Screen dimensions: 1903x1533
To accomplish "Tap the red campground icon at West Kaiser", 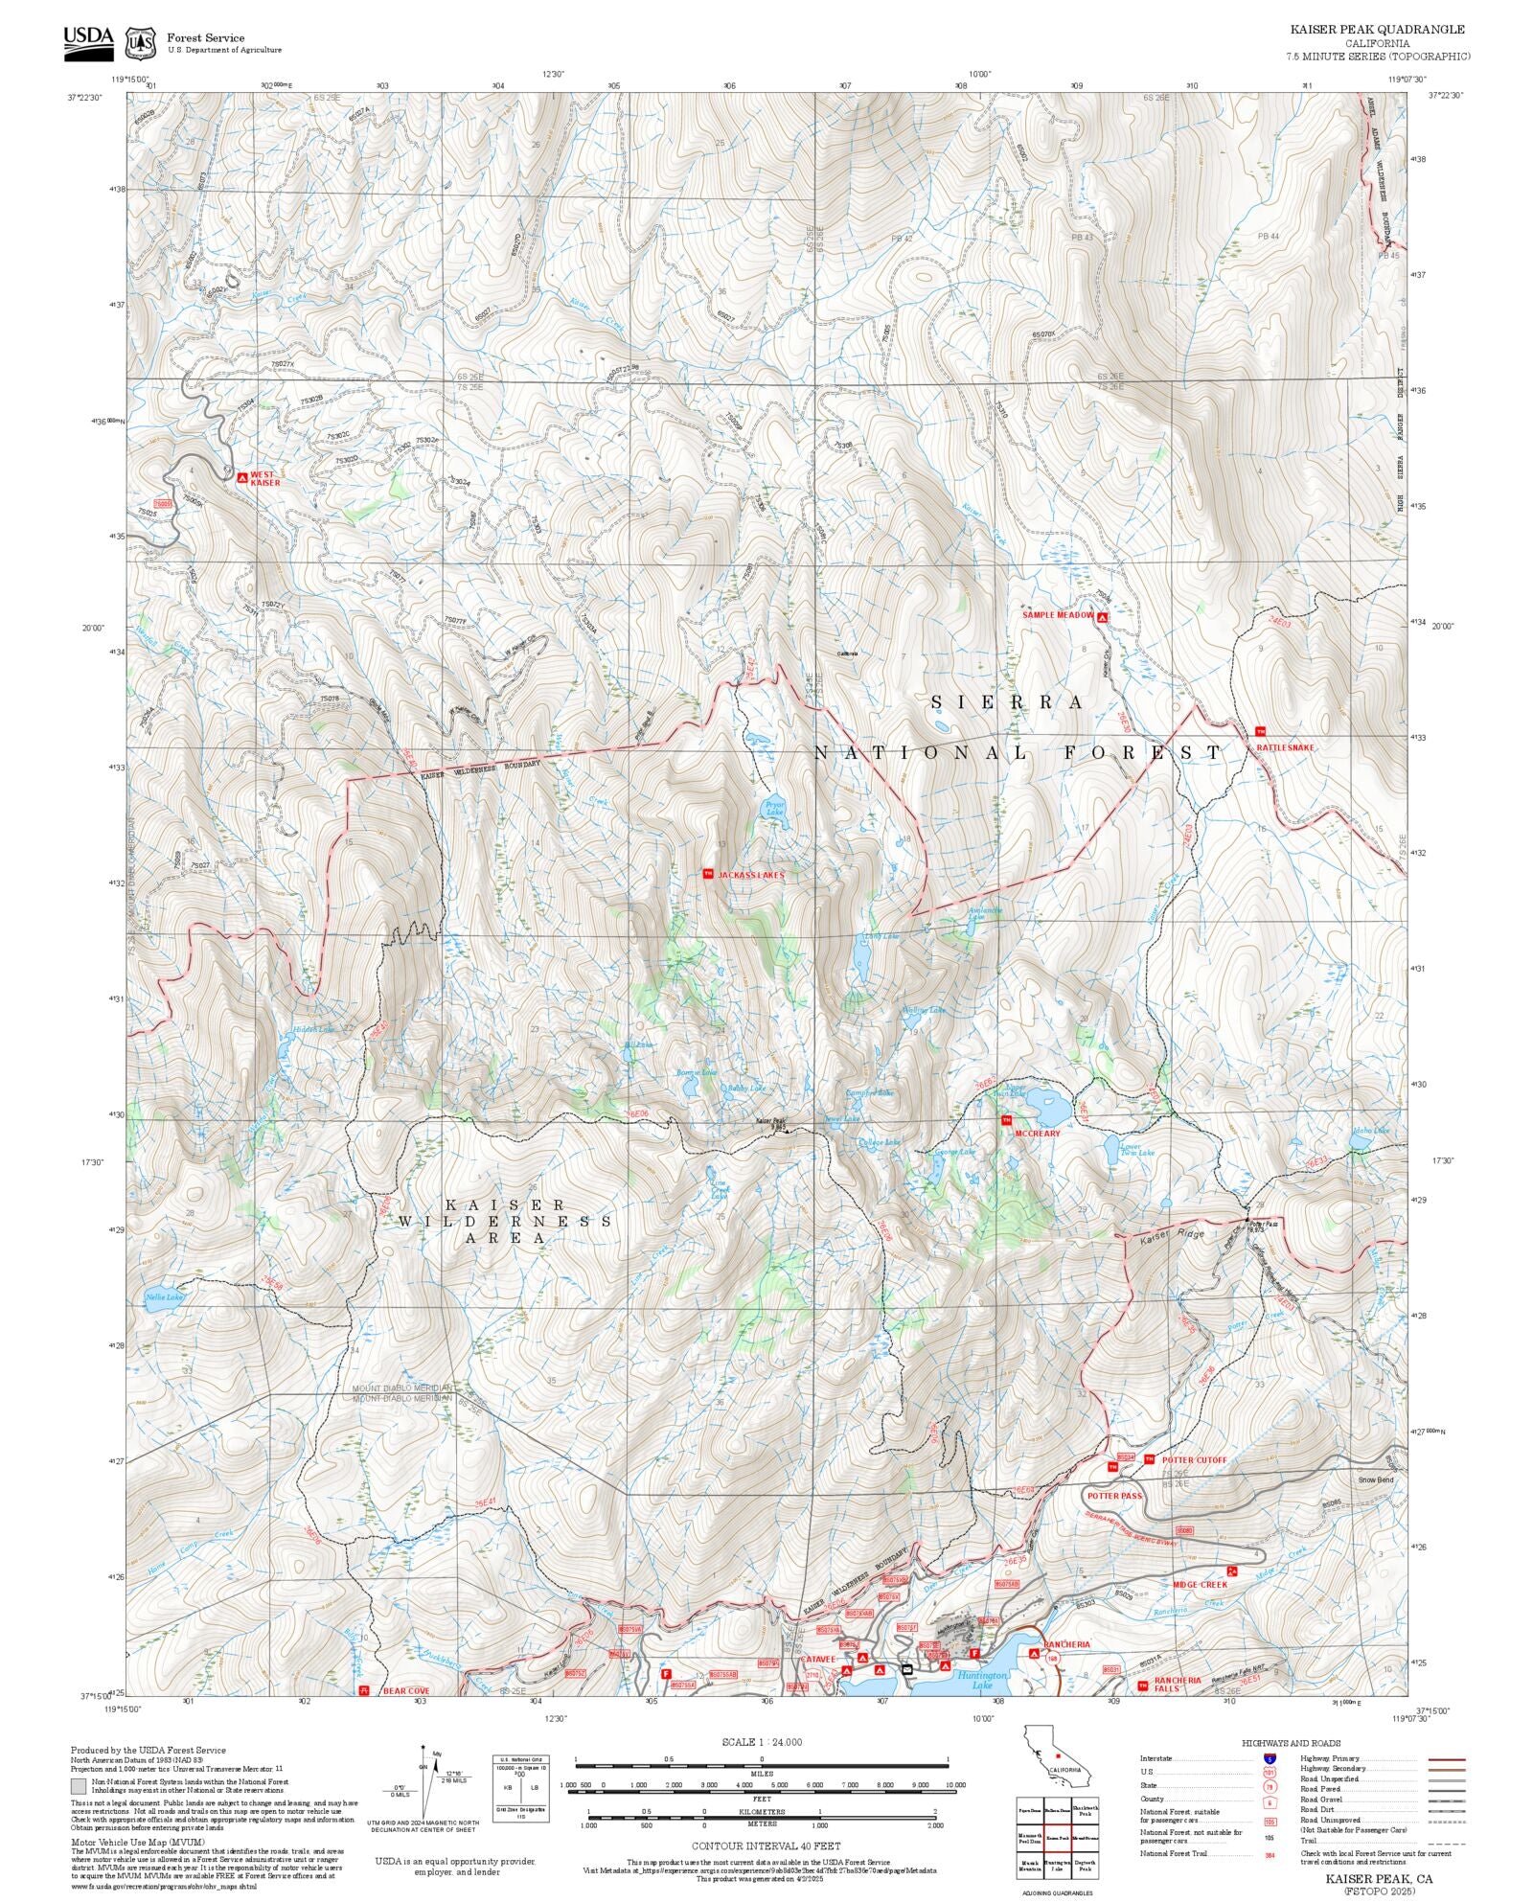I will [241, 477].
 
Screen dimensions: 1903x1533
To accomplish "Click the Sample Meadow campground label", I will [1057, 615].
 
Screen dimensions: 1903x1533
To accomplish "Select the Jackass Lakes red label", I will [751, 875].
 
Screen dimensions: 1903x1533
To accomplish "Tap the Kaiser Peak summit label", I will [771, 1122].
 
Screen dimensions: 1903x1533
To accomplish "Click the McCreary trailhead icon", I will [1006, 1120].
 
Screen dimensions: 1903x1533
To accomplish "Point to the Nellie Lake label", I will [163, 1297].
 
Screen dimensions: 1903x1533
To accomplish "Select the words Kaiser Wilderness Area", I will [505, 1221].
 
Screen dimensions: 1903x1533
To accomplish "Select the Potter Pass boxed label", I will [1113, 1495].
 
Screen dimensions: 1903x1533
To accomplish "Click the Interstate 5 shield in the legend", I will [1270, 1759].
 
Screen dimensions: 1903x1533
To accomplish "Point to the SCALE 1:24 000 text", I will [762, 1742].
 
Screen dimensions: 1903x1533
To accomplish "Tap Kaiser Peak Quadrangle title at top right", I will [1377, 30].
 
